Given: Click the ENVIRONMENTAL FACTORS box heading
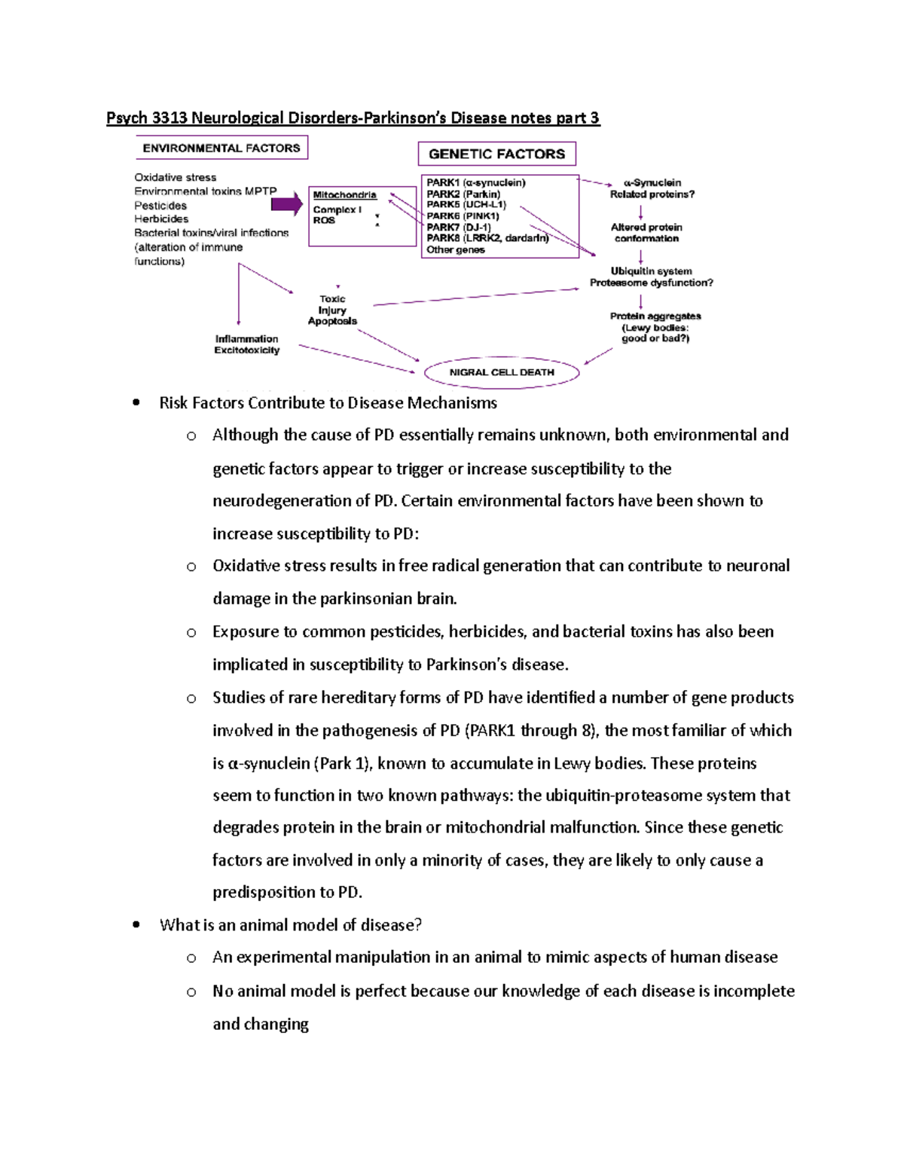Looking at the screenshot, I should point(221,148).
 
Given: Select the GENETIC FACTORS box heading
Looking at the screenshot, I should point(496,154).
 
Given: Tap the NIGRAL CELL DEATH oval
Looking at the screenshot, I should point(502,372).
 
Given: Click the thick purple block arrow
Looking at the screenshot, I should point(286,204).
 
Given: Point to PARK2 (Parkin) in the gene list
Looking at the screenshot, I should point(463,194).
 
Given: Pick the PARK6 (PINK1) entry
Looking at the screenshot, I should point(463,216).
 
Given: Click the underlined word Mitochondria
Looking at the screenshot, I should point(344,195).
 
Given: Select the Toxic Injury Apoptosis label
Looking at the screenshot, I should point(332,310).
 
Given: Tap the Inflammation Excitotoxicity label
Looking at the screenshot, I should point(246,344).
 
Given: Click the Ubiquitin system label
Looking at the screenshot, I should point(651,271).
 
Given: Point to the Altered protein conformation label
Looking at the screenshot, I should point(646,233).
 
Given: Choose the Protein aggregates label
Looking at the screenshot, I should point(655,316).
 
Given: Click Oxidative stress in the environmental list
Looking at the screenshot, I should point(175,178).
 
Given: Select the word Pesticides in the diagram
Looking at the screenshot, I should point(160,206).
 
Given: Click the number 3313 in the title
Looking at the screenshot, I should point(169,118).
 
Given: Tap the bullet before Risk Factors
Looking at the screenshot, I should point(136,403).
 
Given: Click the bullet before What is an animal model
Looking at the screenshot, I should point(136,925).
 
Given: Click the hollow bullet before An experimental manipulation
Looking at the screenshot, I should point(191,958).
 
